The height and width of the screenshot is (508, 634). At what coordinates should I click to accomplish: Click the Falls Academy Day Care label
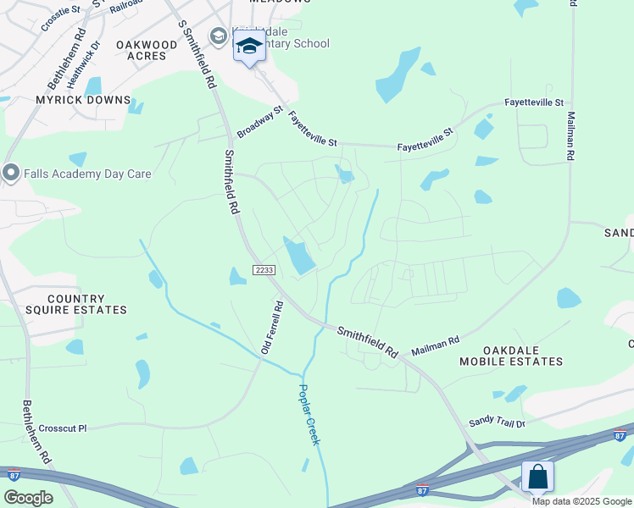tap(87, 174)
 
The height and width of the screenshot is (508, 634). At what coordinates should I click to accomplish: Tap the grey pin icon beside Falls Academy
tap(11, 174)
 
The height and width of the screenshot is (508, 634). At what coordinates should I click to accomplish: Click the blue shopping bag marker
tap(538, 477)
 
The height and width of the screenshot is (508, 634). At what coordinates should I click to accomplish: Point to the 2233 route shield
tap(263, 268)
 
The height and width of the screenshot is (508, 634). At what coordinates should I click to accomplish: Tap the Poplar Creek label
tap(309, 414)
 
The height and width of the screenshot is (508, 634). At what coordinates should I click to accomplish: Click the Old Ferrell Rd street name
tap(270, 326)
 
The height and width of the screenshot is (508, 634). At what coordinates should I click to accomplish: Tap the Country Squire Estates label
tap(75, 305)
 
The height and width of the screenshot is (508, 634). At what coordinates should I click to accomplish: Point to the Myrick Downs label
tap(82, 99)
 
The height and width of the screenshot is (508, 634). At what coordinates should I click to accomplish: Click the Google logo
tap(28, 498)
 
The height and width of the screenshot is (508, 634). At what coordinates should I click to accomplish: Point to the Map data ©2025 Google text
tap(581, 501)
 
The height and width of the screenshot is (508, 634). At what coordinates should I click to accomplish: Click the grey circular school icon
tap(219, 36)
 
